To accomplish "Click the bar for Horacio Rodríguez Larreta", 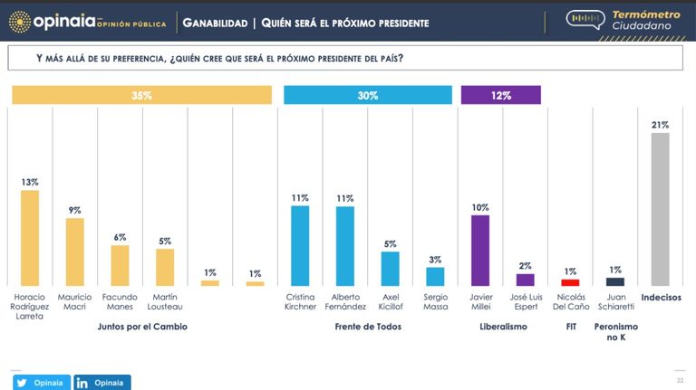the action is pyautogui.click(x=30, y=238).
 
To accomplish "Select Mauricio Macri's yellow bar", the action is pyautogui.click(x=75, y=252).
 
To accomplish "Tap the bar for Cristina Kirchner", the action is pyautogui.click(x=300, y=245).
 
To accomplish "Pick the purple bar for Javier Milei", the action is pyautogui.click(x=480, y=251).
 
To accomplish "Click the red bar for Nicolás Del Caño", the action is pyautogui.click(x=570, y=282).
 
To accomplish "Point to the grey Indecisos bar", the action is pyautogui.click(x=661, y=209).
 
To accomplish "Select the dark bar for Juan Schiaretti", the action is pyautogui.click(x=615, y=281).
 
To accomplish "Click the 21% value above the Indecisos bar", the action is pyautogui.click(x=660, y=125).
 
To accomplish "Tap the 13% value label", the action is pyautogui.click(x=30, y=182).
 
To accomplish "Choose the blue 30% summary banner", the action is pyautogui.click(x=368, y=95).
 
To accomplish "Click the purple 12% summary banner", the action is pyautogui.click(x=501, y=95).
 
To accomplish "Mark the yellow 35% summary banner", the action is pyautogui.click(x=142, y=95).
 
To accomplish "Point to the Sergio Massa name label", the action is pyautogui.click(x=435, y=302).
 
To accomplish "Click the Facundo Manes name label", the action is pyautogui.click(x=120, y=302).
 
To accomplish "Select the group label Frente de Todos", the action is pyautogui.click(x=368, y=327).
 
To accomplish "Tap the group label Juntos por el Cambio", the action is pyautogui.click(x=142, y=327).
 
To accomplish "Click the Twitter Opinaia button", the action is pyautogui.click(x=42, y=383).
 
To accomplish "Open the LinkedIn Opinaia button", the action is pyautogui.click(x=102, y=383).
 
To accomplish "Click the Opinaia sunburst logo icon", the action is pyautogui.click(x=20, y=22).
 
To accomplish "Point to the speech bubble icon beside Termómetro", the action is pyautogui.click(x=585, y=20).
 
